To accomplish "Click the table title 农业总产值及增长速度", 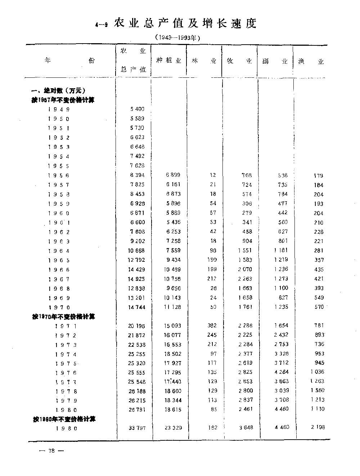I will tap(185, 24).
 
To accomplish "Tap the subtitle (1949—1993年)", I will tap(177, 37).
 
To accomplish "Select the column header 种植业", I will tap(168, 60).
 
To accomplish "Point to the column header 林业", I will tap(204, 61).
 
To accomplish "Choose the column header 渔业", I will tap(311, 62).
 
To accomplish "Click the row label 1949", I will tap(58, 109).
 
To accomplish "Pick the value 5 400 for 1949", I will tap(137, 109).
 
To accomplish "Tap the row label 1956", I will tap(58, 175).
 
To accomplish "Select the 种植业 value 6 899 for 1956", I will tap(173, 175).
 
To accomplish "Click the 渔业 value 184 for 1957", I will tap(319, 185).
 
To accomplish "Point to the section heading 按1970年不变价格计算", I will tap(64, 316).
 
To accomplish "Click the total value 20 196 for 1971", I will tap(137, 326).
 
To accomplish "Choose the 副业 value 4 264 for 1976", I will tap(281, 372).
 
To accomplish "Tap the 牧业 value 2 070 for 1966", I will tap(245, 269).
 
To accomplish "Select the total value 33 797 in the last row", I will tap(137, 428).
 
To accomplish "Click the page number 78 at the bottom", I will tap(51, 452).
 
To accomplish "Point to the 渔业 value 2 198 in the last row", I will tap(318, 427).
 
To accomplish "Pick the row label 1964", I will tap(58, 251).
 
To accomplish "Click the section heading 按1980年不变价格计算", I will tap(64, 419).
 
